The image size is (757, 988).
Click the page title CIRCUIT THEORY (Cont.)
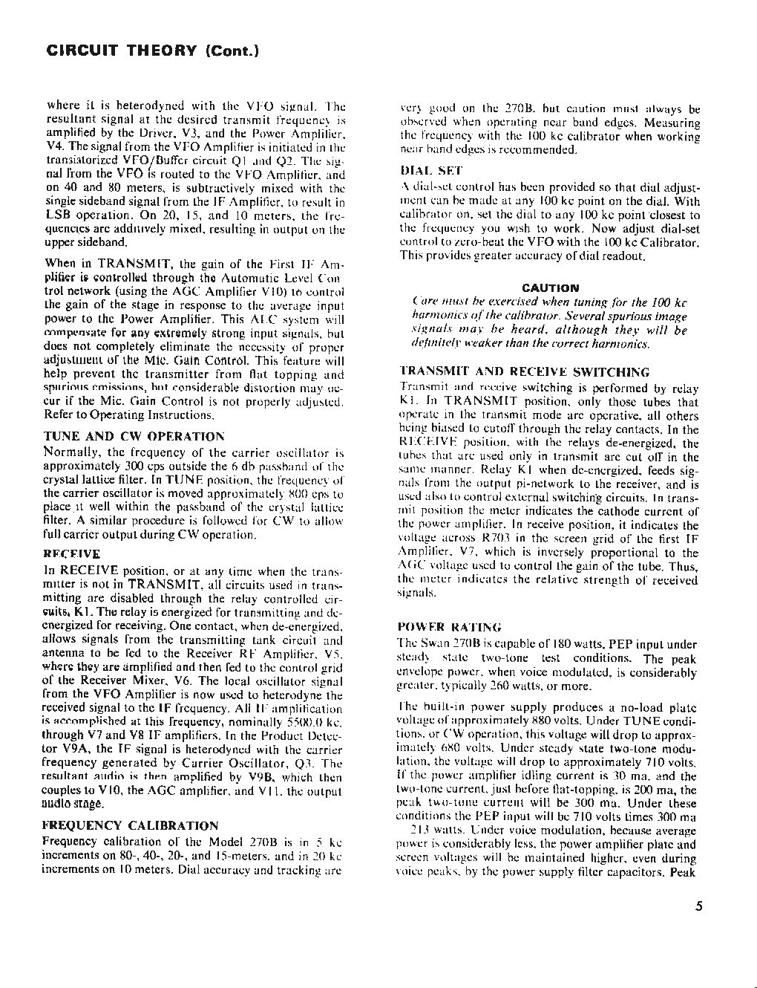pos(152,51)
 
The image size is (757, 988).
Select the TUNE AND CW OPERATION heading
pos(134,437)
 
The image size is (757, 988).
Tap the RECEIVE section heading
pos(72,554)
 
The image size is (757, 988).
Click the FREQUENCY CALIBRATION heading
pos(131,825)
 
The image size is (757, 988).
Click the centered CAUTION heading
pos(550,287)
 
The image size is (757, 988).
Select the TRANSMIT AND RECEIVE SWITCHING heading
pos(524,371)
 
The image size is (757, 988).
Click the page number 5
pos(698,906)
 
